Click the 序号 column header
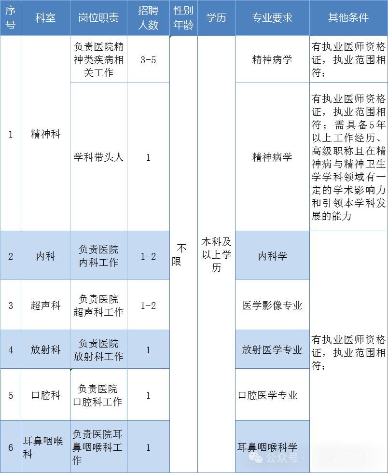[x=10, y=18]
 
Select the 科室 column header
[x=45, y=18]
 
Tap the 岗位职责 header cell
[x=98, y=18]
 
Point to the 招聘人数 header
[x=148, y=18]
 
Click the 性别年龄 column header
[x=183, y=18]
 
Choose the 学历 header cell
[x=216, y=18]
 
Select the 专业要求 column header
[x=272, y=18]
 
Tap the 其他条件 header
[x=348, y=18]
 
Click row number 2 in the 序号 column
[x=11, y=256]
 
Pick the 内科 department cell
[x=45, y=256]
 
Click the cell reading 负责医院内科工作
[x=98, y=256]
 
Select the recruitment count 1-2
[x=148, y=256]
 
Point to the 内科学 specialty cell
[x=272, y=256]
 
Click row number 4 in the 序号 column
[x=11, y=350]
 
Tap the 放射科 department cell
[x=45, y=350]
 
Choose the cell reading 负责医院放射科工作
[x=98, y=350]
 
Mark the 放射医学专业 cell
[x=272, y=350]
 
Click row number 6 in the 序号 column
[x=11, y=447]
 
